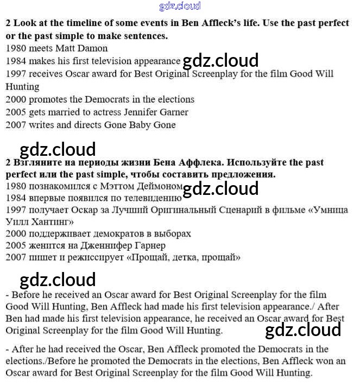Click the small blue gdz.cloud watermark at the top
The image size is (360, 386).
[x=180, y=7]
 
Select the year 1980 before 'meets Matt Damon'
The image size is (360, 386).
[x=16, y=48]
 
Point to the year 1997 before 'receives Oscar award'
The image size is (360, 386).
[x=16, y=74]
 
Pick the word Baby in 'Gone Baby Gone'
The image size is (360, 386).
[x=141, y=125]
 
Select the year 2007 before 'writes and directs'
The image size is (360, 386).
[x=16, y=125]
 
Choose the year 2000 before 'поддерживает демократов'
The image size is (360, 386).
[x=16, y=233]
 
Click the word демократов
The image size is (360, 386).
[x=125, y=233]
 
